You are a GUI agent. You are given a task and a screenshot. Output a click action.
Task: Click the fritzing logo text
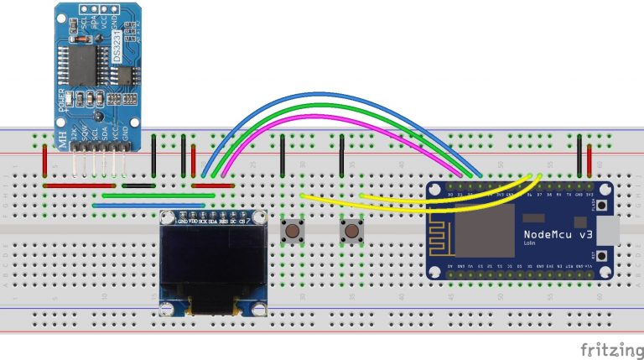tap(607, 347)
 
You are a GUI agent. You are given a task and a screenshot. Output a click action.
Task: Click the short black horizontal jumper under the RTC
tap(138, 185)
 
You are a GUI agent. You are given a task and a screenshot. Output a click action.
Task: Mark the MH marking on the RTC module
tap(63, 142)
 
